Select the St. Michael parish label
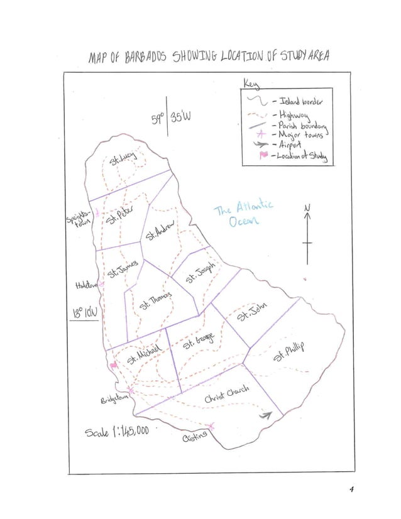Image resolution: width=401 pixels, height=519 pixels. [x=146, y=354]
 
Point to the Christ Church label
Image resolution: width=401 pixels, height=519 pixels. [x=226, y=394]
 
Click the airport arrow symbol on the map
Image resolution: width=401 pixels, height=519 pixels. [x=266, y=415]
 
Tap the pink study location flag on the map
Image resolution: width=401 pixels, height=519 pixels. [x=114, y=365]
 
